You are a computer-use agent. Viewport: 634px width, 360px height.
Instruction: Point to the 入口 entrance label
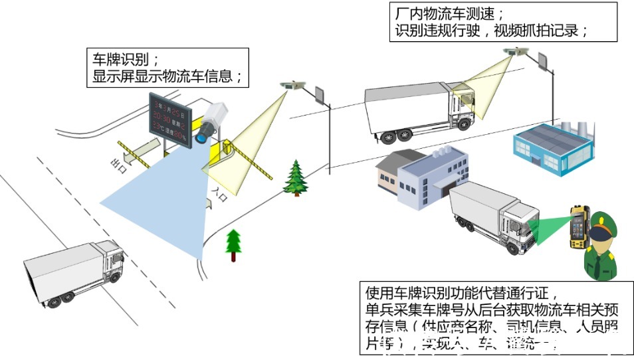point(219,191)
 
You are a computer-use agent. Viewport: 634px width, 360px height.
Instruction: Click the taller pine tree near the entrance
point(294,178)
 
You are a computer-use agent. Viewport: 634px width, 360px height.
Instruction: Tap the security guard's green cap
point(601,222)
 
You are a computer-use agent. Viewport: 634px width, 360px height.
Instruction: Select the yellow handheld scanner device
point(576,226)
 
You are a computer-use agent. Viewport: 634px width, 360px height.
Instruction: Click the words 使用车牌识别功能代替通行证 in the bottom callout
point(459,292)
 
